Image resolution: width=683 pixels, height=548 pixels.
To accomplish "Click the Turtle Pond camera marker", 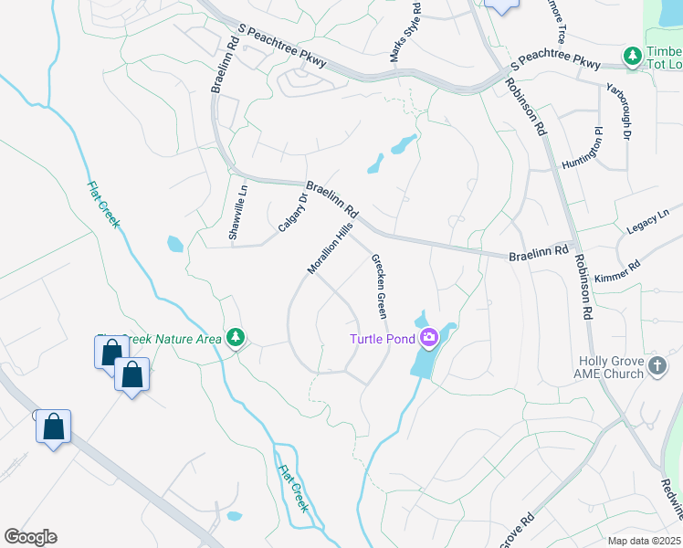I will pyautogui.click(x=429, y=340).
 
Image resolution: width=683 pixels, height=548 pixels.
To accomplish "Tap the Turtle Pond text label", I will pyautogui.click(x=384, y=340).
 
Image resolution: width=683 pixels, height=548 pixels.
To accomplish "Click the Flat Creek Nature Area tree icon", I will pyautogui.click(x=236, y=339).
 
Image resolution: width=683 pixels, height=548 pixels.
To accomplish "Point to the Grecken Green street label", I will pyautogui.click(x=378, y=285).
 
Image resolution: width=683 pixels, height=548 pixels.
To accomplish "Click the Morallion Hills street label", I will pyautogui.click(x=330, y=248).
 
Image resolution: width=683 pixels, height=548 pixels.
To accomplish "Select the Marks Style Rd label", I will pyautogui.click(x=405, y=33).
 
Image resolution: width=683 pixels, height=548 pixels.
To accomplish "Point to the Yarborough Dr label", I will pyautogui.click(x=617, y=112).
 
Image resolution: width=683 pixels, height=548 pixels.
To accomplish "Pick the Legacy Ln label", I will pyautogui.click(x=649, y=222).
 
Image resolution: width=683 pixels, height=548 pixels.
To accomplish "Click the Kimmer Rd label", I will pyautogui.click(x=617, y=271).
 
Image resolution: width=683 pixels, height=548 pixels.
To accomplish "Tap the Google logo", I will pyautogui.click(x=30, y=537).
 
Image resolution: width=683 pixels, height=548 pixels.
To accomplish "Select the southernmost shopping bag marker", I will pyautogui.click(x=53, y=427).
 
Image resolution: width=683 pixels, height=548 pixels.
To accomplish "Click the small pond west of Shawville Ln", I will pyautogui.click(x=174, y=244).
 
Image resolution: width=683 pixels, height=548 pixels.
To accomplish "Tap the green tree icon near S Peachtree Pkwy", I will pyautogui.click(x=632, y=57).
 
